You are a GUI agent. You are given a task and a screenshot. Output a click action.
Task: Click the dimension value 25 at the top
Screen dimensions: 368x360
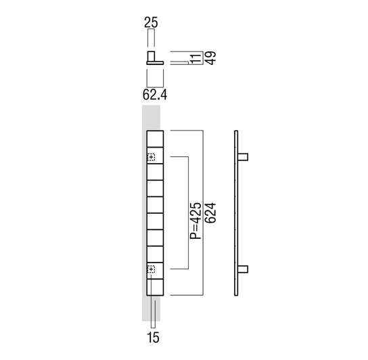[151, 22]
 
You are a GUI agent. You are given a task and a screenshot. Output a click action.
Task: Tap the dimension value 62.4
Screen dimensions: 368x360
[155, 95]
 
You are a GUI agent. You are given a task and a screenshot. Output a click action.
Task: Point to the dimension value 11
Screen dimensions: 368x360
[196, 58]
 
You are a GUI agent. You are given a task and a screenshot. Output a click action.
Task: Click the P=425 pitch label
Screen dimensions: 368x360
[195, 221]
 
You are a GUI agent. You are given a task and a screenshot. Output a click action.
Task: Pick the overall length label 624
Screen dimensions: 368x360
[210, 212]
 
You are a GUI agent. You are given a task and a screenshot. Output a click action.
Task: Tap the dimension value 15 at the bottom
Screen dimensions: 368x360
[153, 338]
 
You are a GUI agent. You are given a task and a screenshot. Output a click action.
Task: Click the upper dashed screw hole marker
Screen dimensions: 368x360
[151, 157]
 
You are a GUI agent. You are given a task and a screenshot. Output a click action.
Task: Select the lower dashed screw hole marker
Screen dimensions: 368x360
[151, 269]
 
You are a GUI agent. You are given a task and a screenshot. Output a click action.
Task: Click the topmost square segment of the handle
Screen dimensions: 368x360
[155, 139]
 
